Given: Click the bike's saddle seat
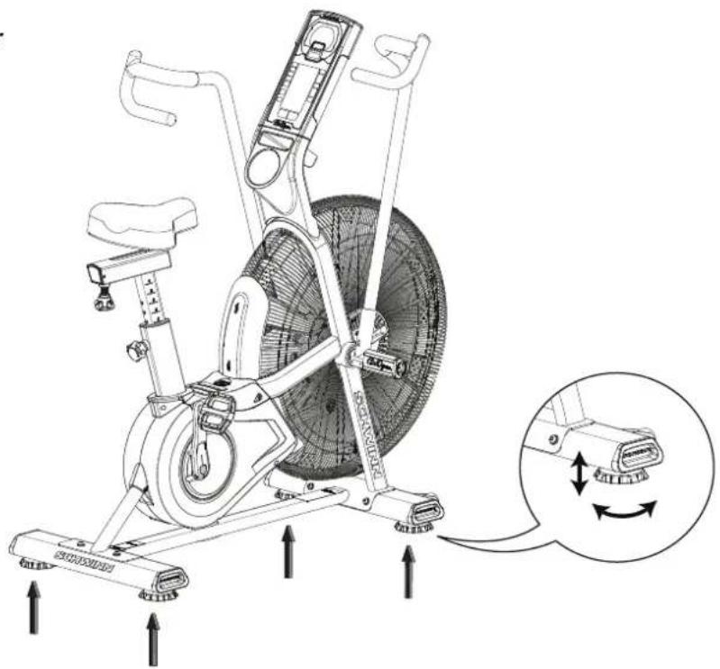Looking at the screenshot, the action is click(x=143, y=217).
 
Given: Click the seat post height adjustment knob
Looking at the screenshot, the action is click(x=137, y=348).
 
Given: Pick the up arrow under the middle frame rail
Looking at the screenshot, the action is click(x=288, y=551).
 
